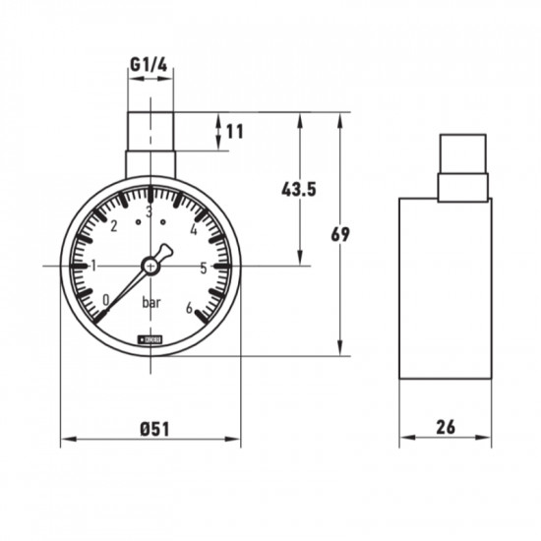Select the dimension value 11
tap(233, 131)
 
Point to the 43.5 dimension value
tap(297, 189)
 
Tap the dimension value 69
tap(340, 234)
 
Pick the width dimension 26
tap(445, 428)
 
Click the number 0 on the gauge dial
tap(106, 300)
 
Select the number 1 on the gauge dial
tap(94, 266)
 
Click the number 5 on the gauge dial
tap(203, 267)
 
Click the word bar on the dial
tap(151, 302)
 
